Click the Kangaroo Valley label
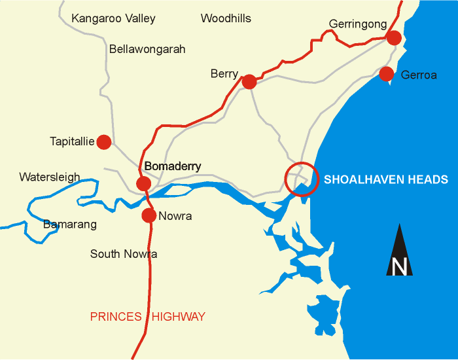tap(113, 18)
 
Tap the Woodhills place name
tap(226, 18)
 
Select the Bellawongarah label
tap(147, 49)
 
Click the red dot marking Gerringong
tap(393, 38)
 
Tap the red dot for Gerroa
tap(386, 73)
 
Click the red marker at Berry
tap(249, 82)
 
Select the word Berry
tap(224, 74)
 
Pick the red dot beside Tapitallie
tap(104, 141)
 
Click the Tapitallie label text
tap(72, 141)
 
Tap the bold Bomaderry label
tap(172, 166)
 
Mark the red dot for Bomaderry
tap(144, 183)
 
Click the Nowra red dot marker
tap(149, 215)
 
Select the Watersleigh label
tap(49, 177)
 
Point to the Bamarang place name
tap(69, 225)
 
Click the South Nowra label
tap(124, 254)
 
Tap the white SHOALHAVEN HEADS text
tap(386, 179)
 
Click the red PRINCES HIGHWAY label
tap(148, 317)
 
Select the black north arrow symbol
tap(399, 251)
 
